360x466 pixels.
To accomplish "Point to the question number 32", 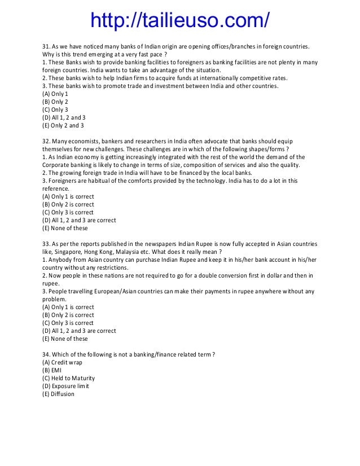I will click(47, 140).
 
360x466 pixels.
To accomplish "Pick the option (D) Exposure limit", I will click(65, 386).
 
